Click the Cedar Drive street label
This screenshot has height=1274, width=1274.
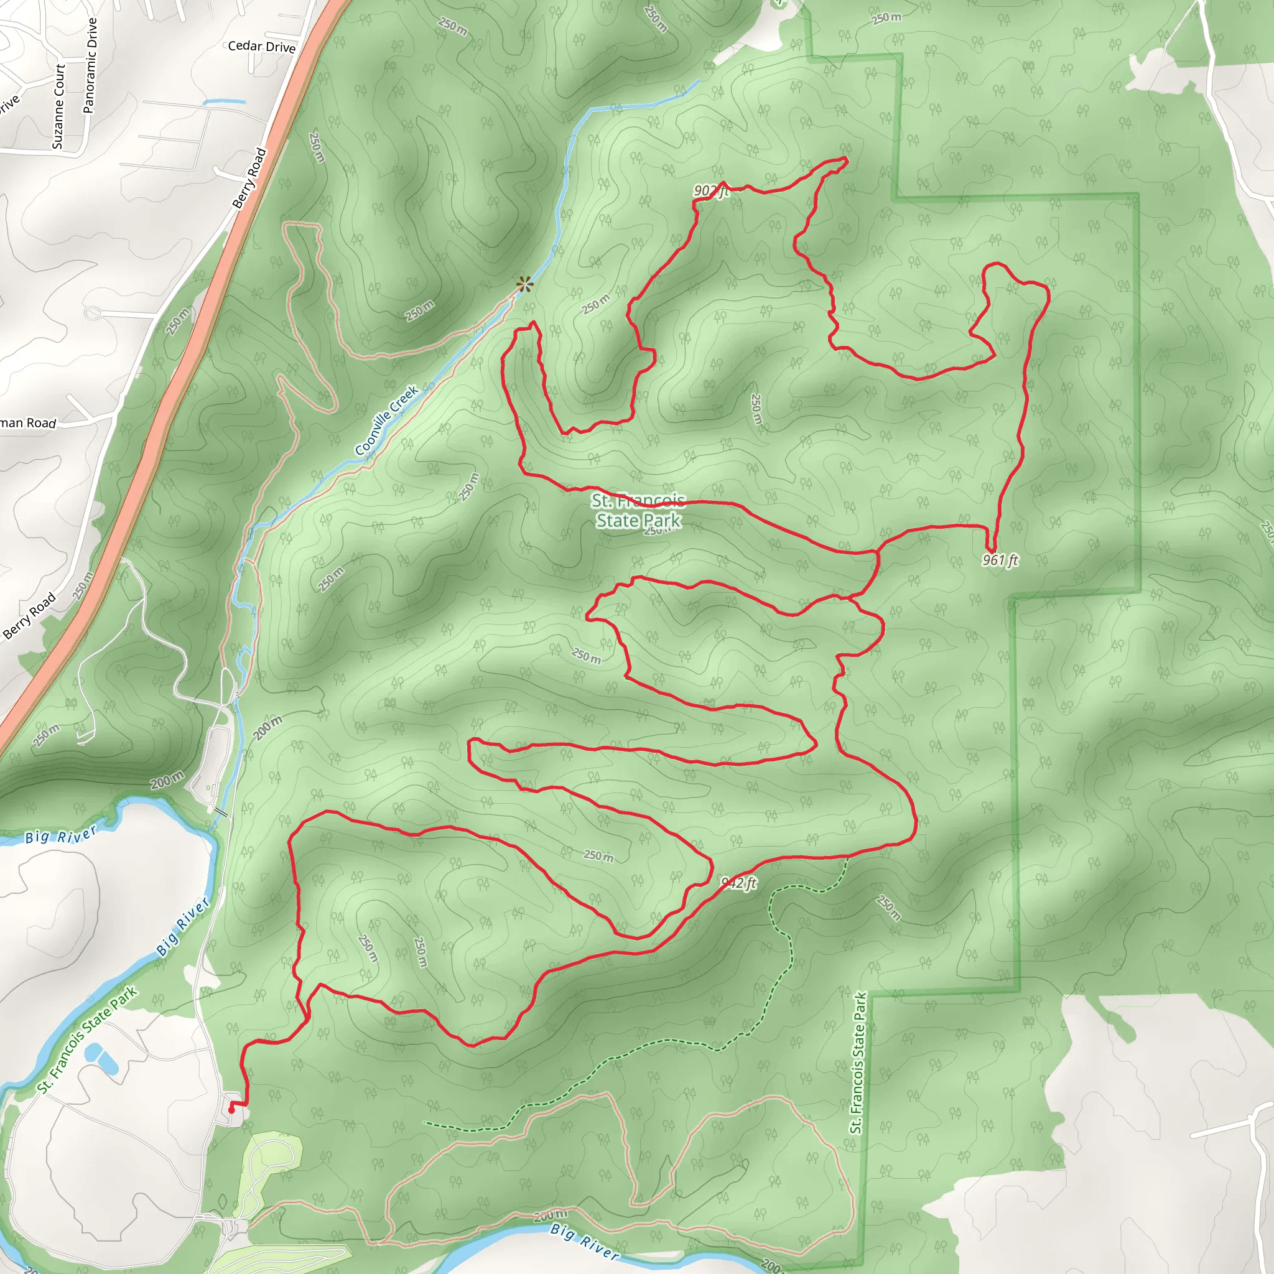click(261, 46)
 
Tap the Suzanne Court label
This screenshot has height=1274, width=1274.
click(58, 106)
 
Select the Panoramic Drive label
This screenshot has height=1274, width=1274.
click(90, 65)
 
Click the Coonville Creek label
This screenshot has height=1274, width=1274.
click(386, 420)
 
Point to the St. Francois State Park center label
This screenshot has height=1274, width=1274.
click(638, 510)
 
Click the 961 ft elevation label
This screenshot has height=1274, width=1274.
click(1000, 560)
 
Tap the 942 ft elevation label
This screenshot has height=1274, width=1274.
click(738, 883)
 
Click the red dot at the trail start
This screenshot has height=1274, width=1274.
click(231, 1110)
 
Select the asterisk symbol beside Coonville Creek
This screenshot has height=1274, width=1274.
click(525, 284)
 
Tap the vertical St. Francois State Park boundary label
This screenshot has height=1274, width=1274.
click(857, 1063)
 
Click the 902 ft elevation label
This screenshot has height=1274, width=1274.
click(711, 191)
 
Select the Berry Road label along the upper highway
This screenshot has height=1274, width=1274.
click(249, 178)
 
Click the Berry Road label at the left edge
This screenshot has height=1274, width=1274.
click(30, 616)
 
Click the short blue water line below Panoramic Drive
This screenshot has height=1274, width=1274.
click(224, 102)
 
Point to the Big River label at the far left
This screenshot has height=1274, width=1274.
click(61, 834)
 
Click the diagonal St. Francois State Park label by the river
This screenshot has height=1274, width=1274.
click(87, 1040)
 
